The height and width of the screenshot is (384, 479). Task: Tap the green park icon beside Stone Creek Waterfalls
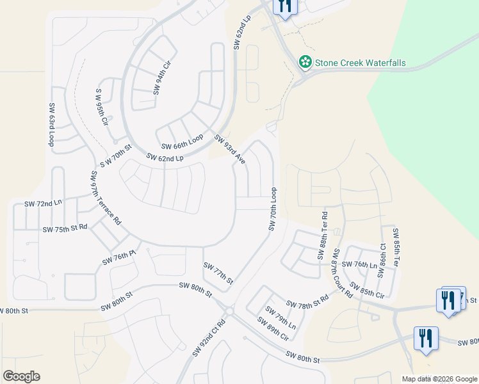[305, 62]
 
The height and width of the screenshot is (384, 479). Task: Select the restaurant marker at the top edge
[284, 6]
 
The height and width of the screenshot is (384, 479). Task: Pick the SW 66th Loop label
[182, 141]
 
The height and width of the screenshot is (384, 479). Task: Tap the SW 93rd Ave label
[230, 149]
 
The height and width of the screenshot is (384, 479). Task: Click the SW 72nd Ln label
[44, 203]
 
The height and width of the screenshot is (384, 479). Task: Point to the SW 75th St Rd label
[65, 228]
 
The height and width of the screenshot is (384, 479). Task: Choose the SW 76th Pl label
[120, 258]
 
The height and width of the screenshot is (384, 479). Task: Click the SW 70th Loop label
[273, 210]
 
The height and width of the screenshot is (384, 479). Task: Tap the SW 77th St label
[218, 273]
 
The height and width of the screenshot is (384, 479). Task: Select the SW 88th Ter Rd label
[322, 236]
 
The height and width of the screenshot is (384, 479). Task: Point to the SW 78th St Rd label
[307, 301]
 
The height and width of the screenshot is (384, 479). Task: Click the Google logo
[21, 376]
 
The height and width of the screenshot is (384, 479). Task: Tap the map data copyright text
[439, 379]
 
